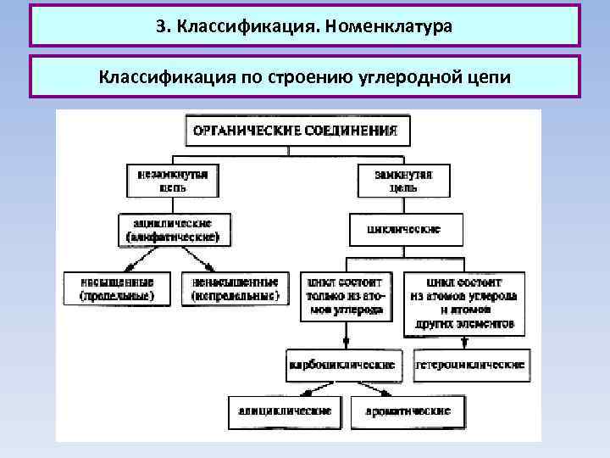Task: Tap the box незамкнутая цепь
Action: click(x=172, y=180)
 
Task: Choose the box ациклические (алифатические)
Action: click(x=172, y=229)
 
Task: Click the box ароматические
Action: click(x=408, y=411)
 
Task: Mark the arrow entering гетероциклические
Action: click(x=466, y=342)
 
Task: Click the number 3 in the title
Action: click(x=160, y=26)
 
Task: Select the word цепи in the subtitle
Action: click(x=490, y=78)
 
